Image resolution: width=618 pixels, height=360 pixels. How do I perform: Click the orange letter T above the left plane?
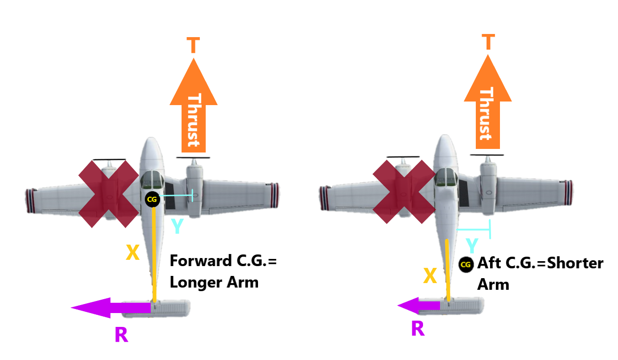pos(193,46)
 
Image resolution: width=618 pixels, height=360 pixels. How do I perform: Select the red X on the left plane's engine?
pos(109,194)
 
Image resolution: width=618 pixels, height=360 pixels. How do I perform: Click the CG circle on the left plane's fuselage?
pos(152,199)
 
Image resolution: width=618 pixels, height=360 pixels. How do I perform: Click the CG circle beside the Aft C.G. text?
pos(466,265)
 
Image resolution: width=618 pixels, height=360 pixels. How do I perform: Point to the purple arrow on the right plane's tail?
pos(419,306)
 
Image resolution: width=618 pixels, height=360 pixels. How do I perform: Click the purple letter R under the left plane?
pos(121,335)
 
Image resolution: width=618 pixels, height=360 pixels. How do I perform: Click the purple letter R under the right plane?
pos(417,329)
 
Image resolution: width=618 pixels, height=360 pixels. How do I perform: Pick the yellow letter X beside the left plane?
pos(132,253)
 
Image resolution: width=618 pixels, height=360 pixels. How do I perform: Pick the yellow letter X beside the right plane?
pos(430,276)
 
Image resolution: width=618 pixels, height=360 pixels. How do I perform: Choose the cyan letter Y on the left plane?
pos(177,227)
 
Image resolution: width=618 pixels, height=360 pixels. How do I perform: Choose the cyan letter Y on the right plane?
pos(472,246)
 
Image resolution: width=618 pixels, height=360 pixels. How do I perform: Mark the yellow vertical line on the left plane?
pos(154,255)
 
